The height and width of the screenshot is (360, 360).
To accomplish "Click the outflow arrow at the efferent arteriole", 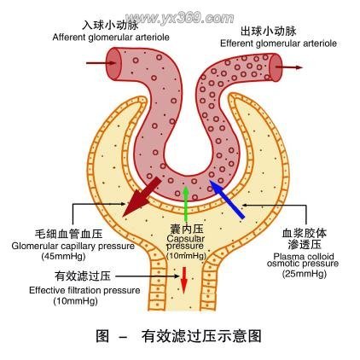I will point(290,66).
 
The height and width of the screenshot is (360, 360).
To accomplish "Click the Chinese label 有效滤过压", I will point(79,276).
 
